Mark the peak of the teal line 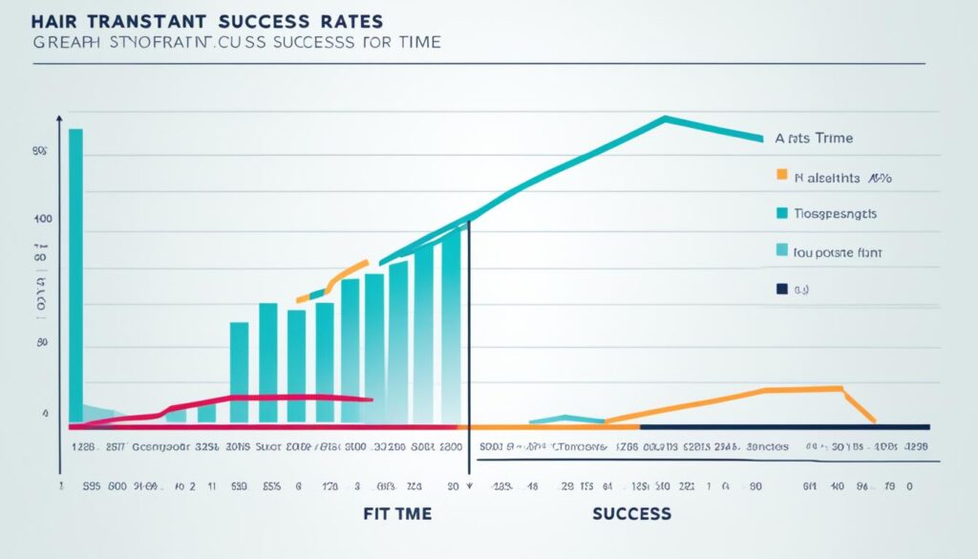click(665, 118)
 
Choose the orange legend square click(782, 176)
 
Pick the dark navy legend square click(782, 288)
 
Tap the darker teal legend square click(782, 213)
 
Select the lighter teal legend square click(782, 251)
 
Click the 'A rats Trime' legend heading click(814, 139)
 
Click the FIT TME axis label click(397, 513)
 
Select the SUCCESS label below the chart click(631, 513)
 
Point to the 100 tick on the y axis click(41, 220)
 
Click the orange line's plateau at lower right click(802, 389)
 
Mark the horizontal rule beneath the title click(478, 64)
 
